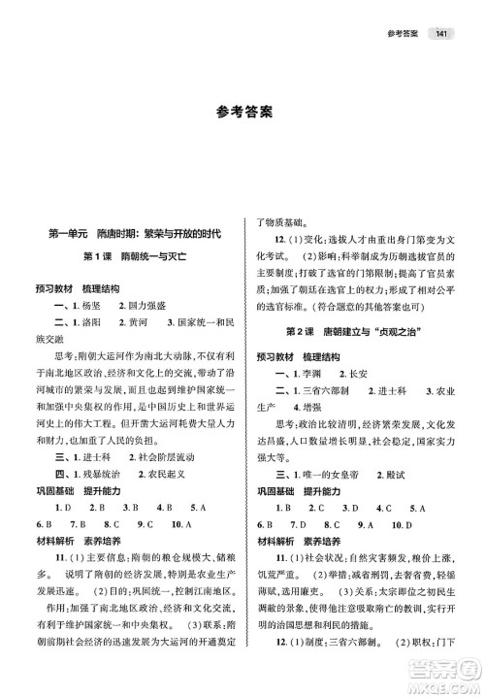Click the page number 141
coord(442,36)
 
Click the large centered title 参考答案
coord(243,112)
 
